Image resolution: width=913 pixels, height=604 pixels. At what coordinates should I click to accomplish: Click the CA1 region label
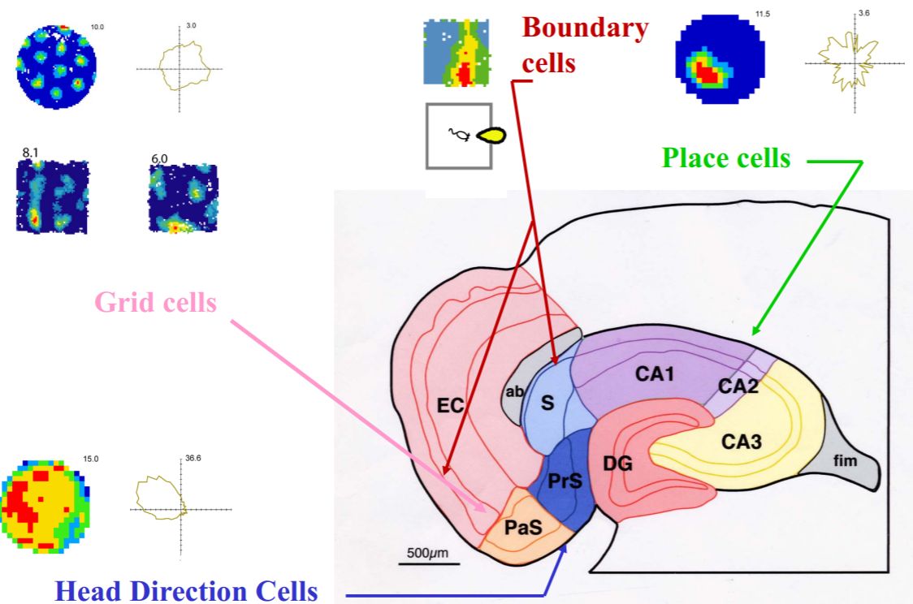tap(657, 375)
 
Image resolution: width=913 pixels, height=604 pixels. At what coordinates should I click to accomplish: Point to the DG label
tap(618, 463)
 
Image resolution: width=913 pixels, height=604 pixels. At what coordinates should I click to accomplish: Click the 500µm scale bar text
tap(427, 554)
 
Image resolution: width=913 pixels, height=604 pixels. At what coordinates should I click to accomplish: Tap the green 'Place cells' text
tap(726, 158)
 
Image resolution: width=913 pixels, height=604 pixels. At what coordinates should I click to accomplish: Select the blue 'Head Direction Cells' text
tap(186, 591)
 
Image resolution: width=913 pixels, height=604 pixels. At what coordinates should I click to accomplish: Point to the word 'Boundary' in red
tap(585, 28)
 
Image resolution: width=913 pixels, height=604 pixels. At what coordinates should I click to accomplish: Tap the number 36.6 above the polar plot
tap(193, 459)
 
